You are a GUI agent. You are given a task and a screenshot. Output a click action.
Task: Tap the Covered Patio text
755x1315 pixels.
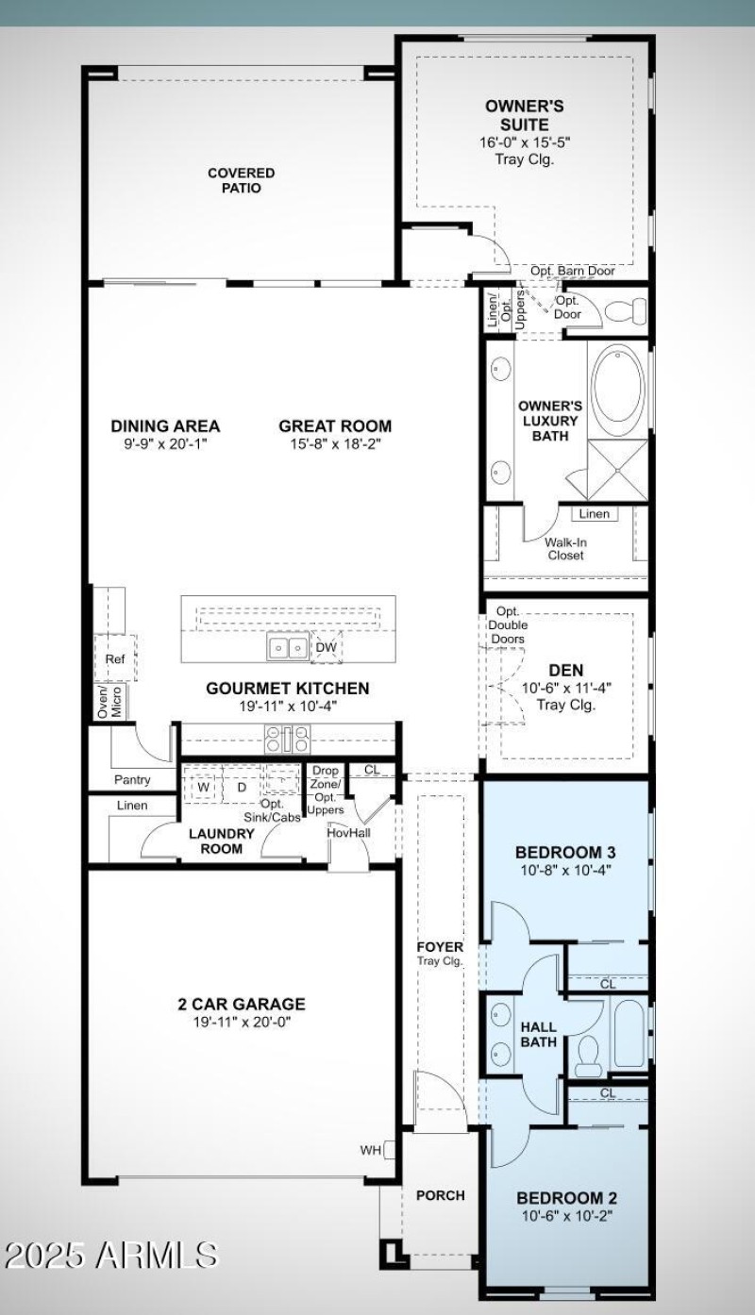(242, 180)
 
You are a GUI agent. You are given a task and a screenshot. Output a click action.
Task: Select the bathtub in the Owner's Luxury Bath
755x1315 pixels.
(618, 390)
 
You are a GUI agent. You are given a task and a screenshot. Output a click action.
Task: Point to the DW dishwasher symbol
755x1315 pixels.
(326, 647)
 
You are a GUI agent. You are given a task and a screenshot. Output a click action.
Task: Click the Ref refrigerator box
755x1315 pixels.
(114, 659)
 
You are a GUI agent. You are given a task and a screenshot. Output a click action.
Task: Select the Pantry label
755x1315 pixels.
(132, 780)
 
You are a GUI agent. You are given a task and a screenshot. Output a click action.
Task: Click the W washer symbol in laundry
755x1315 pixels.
(203, 786)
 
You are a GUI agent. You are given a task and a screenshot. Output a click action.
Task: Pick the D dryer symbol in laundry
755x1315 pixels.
(242, 786)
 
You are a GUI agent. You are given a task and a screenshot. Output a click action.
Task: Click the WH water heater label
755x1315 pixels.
(370, 1150)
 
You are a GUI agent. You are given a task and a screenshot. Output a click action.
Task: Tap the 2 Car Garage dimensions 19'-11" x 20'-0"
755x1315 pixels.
(242, 1022)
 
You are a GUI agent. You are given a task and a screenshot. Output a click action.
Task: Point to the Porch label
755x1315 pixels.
(440, 1195)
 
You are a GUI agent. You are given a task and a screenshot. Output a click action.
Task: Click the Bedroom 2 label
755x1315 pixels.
(564, 1198)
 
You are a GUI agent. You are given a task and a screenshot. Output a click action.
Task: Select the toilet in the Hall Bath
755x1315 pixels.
(590, 1052)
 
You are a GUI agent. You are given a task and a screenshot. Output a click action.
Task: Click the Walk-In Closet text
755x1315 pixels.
(564, 549)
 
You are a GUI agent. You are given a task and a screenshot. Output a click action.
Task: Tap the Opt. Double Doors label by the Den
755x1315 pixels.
(508, 625)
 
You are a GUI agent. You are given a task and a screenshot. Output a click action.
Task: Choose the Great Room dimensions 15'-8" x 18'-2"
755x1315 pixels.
(334, 443)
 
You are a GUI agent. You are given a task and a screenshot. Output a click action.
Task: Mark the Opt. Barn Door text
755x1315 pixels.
(572, 272)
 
